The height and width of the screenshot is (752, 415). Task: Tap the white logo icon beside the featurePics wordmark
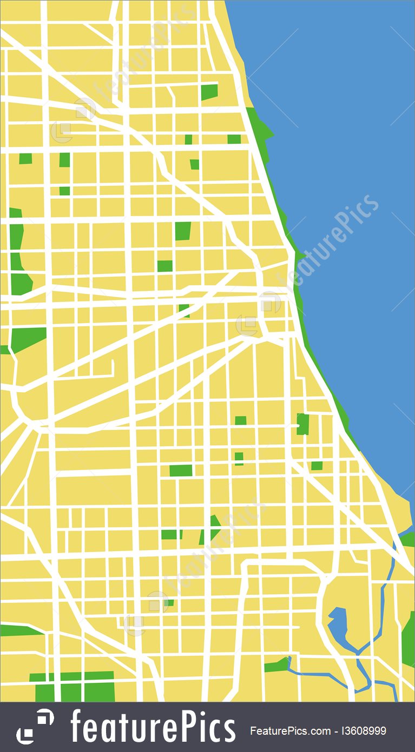[x=35, y=727]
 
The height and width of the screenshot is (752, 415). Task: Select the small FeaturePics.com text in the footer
[x=290, y=731]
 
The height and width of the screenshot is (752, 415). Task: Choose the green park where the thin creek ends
[x=277, y=665]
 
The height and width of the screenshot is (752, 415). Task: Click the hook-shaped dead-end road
[x=111, y=370]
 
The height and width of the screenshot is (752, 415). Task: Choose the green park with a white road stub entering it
[x=302, y=424]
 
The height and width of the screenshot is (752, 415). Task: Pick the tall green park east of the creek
[x=409, y=637]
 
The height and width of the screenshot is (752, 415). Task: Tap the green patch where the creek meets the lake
[x=407, y=538]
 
